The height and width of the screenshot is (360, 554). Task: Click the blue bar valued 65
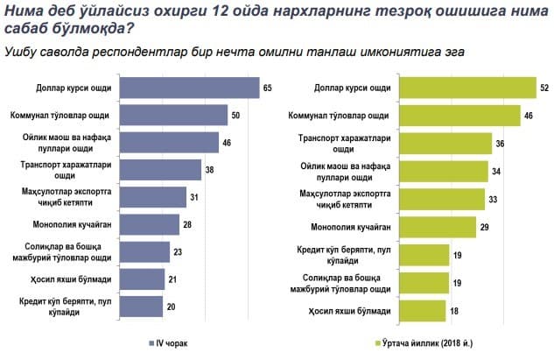click(189, 88)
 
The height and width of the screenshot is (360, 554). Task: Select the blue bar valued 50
click(173, 115)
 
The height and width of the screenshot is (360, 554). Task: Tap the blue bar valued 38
click(160, 170)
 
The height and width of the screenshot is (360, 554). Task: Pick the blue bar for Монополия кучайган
click(150, 224)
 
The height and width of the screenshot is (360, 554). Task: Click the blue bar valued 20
click(141, 307)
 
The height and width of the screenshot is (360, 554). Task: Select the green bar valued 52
click(467, 88)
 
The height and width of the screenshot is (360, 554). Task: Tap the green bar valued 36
click(445, 144)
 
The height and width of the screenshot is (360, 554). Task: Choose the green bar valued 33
click(442, 200)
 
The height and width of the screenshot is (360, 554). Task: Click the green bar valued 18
click(423, 311)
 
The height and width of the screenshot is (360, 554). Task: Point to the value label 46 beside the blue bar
click(227, 143)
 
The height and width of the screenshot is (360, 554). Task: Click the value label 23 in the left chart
click(178, 252)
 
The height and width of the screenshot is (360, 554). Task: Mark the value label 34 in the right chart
click(496, 172)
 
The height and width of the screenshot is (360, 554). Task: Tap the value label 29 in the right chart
click(484, 227)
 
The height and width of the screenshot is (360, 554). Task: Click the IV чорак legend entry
click(168, 343)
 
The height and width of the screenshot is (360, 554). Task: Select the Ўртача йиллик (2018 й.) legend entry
click(424, 343)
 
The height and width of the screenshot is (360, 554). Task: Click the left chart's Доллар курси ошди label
click(74, 88)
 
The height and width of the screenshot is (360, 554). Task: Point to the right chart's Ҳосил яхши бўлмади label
click(350, 311)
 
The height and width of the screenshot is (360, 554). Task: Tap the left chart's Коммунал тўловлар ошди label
click(60, 116)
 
